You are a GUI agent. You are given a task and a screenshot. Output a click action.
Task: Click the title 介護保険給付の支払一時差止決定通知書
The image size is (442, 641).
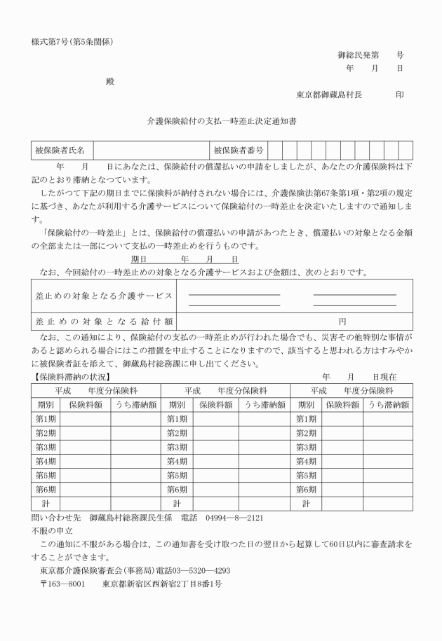point(221,121)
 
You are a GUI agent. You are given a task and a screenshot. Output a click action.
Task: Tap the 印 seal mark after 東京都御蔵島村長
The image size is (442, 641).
point(399,95)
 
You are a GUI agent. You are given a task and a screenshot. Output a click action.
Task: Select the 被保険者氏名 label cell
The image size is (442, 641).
point(60,150)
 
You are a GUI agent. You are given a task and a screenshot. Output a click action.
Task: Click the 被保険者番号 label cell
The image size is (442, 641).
point(239,150)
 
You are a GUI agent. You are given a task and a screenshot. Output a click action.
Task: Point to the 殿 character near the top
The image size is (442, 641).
point(109,81)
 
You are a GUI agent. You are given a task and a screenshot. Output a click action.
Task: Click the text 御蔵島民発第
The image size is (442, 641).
point(359,54)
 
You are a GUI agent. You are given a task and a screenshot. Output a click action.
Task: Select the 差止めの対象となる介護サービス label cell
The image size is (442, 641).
point(103,296)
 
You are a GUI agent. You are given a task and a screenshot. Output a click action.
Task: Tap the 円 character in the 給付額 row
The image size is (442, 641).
point(342,321)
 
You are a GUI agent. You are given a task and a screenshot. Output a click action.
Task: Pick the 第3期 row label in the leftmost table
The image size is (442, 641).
point(46,446)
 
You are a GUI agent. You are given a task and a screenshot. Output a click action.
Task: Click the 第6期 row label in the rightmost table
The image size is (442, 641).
point(306,489)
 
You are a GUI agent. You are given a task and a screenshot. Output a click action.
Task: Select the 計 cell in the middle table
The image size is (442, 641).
point(176,503)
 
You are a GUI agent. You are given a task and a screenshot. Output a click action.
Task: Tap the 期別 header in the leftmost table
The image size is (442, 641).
point(46,404)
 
